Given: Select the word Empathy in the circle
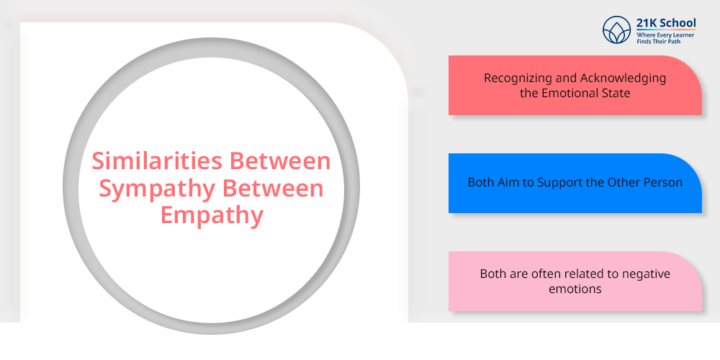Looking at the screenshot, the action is pos(212,215).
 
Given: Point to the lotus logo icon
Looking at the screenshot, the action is pos(617,30).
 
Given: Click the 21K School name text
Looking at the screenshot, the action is pos(666,23).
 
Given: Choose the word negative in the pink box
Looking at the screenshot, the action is pos(646,274).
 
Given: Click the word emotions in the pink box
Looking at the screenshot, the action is pos(575,289).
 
